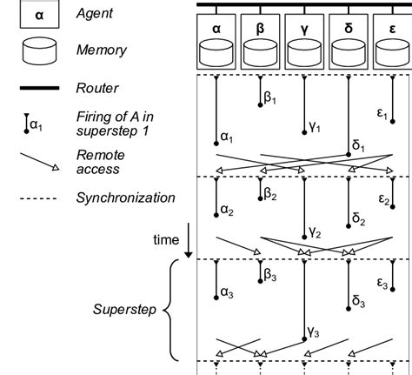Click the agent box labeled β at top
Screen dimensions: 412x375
[260, 42]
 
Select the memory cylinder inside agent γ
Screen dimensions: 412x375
[304, 52]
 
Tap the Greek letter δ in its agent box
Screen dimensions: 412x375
[349, 29]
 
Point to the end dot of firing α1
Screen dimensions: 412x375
[216, 144]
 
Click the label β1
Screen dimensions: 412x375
[270, 97]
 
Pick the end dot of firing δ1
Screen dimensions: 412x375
[349, 155]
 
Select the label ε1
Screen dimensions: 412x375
[382, 113]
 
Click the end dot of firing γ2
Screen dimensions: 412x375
[304, 238]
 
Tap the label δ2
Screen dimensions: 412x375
[359, 219]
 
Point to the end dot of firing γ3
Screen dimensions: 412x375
[304, 339]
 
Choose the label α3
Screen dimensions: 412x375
[227, 292]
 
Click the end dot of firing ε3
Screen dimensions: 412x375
[393, 290]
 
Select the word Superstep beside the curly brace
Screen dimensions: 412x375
[124, 310]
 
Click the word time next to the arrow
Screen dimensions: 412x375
[166, 240]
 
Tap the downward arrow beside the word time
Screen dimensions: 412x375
[189, 240]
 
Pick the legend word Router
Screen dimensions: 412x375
[97, 88]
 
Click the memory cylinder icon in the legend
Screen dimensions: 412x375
[39, 50]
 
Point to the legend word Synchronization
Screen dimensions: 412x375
[126, 198]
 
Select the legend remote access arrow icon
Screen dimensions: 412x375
[39, 162]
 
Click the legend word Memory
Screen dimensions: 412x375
[102, 50]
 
